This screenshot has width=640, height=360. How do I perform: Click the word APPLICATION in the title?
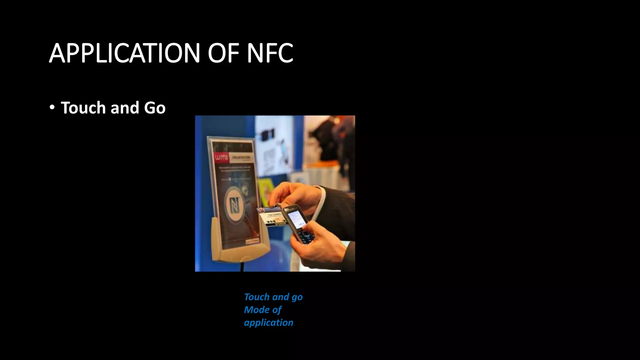124,53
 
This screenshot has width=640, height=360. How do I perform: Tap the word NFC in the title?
270,53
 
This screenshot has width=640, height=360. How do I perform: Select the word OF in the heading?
223,53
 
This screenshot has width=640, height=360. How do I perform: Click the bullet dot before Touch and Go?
52,107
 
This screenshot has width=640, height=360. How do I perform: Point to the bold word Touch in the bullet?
83,108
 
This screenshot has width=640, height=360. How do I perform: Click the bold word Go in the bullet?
155,108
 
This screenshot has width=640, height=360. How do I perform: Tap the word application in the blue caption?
268,322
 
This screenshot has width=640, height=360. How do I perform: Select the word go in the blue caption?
297,297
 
